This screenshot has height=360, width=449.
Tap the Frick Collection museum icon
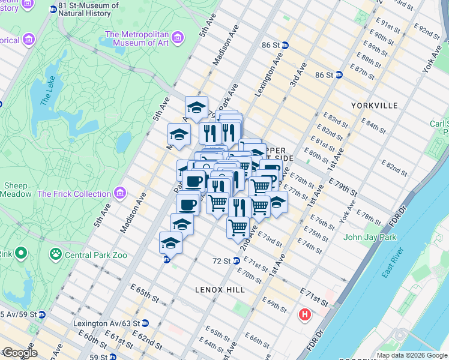[121, 194]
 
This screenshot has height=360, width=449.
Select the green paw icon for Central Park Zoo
[55, 254]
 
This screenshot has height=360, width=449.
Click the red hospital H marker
[306, 314]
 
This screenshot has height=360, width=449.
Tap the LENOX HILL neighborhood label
[220, 289]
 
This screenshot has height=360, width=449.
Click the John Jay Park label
[371, 237]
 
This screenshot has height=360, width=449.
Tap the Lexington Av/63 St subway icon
[145, 323]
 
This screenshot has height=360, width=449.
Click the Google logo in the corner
[20, 353]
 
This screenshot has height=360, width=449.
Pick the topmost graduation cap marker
[196, 107]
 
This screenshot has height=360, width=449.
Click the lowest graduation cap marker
[170, 243]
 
